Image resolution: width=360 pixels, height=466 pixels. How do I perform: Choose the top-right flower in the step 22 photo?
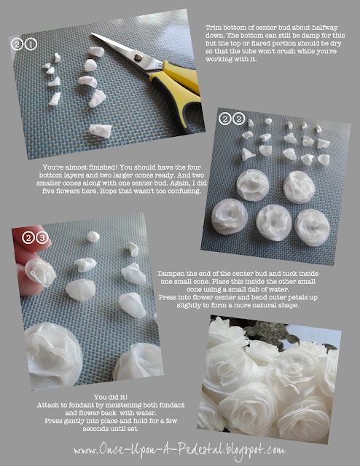click(x=298, y=187)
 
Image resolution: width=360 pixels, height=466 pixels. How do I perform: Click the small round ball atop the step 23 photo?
click(x=93, y=237)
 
